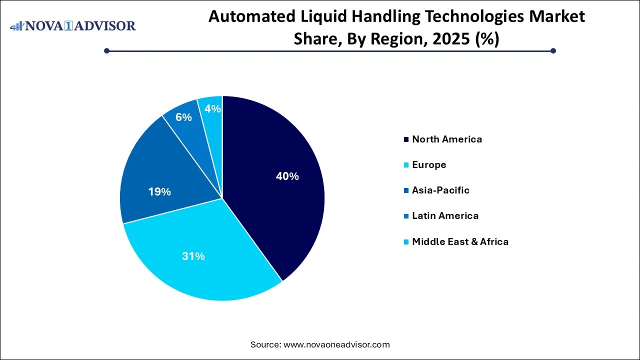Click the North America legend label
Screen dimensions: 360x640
coord(447,139)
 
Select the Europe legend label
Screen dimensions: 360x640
coord(429,165)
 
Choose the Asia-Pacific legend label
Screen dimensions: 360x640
coord(440,190)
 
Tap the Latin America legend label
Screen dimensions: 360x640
coord(445,216)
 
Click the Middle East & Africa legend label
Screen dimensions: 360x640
coord(460,242)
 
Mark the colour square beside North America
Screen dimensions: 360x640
coord(406,139)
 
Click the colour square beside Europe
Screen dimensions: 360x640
coord(406,165)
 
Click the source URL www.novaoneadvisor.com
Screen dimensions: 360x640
coord(336,344)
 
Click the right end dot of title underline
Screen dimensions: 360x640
coord(553,50)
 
